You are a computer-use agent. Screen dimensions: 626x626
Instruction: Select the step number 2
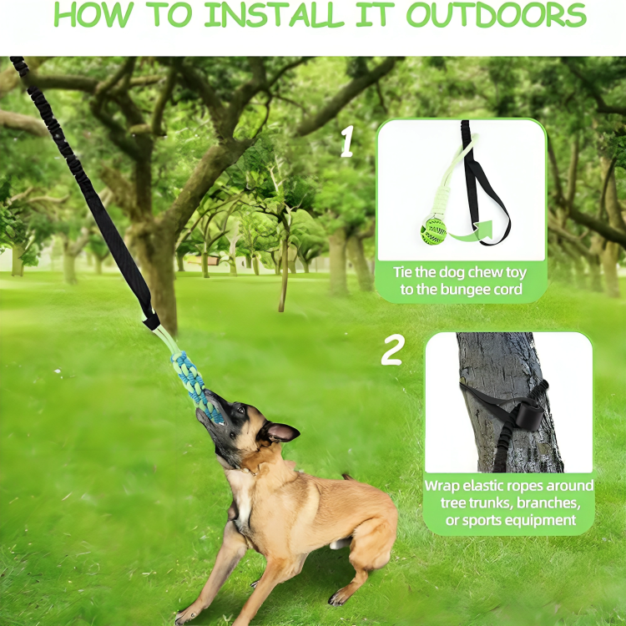point(392,351)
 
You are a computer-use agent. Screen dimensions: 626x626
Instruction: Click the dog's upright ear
point(281,432)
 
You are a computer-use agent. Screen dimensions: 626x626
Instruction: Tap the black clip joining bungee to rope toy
point(150,320)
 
